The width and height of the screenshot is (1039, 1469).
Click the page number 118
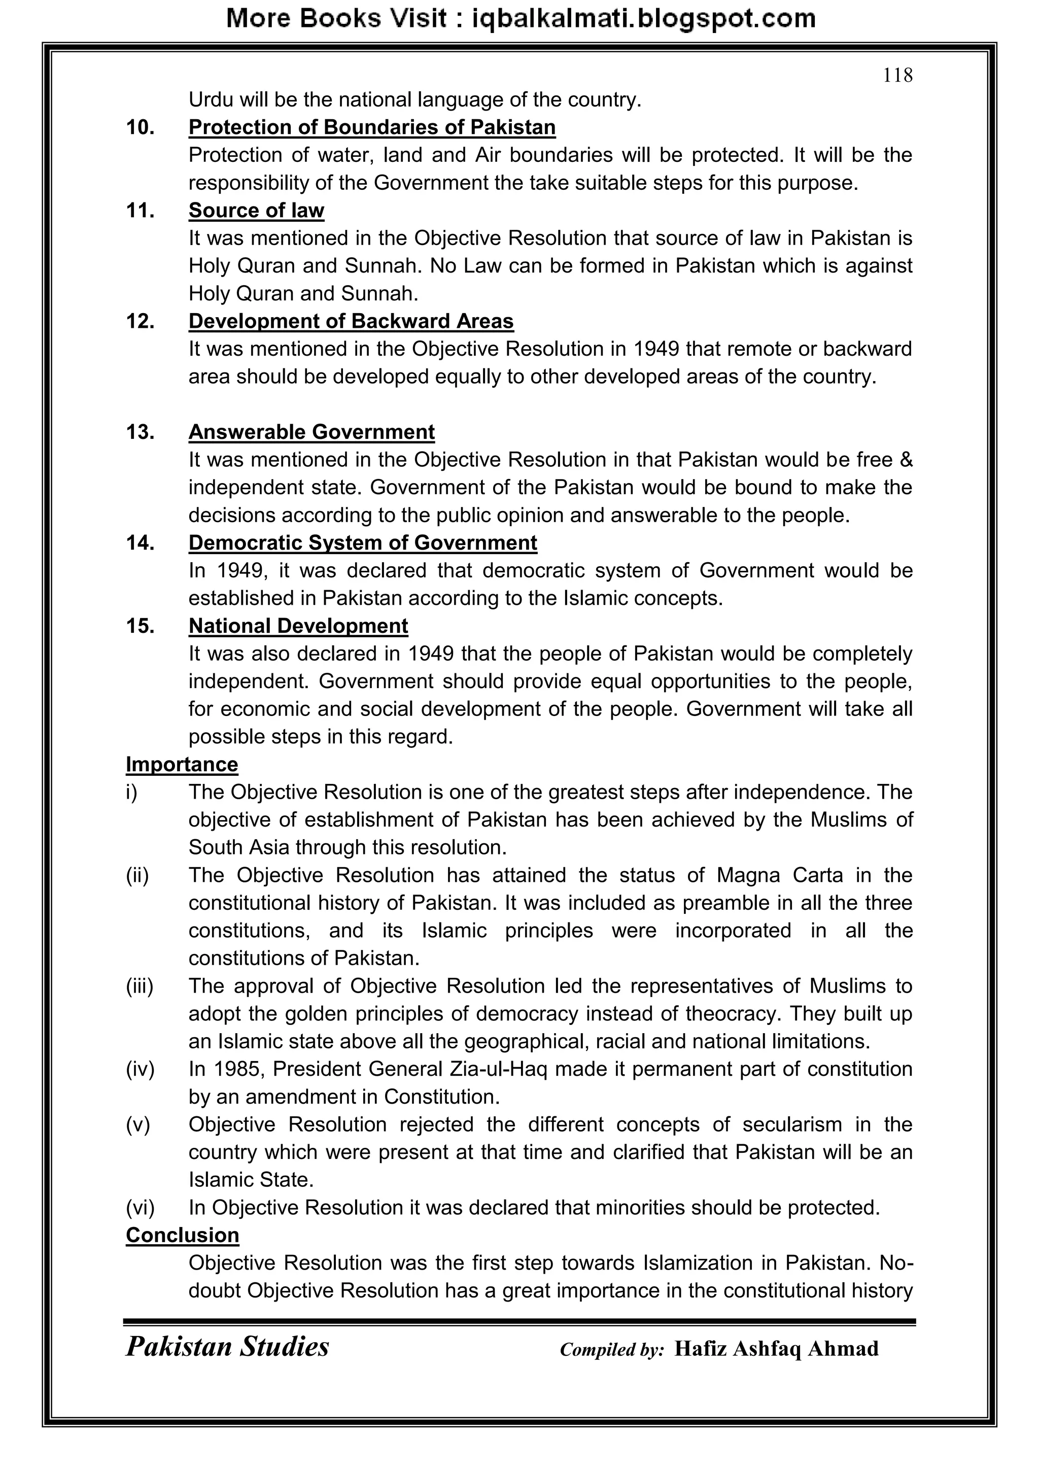(897, 76)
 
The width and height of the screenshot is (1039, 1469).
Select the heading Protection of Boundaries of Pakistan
(372, 127)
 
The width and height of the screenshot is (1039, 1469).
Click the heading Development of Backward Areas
(351, 321)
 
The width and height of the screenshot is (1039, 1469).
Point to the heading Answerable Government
(311, 432)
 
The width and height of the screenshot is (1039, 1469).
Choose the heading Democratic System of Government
(363, 542)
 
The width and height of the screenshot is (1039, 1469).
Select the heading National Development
(298, 626)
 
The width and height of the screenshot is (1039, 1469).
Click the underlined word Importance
(182, 765)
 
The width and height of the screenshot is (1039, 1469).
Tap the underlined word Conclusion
(182, 1236)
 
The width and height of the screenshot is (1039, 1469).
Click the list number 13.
(140, 432)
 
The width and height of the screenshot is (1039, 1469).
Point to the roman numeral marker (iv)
(140, 1069)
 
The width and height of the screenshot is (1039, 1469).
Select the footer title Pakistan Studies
(227, 1347)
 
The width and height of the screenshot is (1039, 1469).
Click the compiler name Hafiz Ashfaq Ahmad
(776, 1349)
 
